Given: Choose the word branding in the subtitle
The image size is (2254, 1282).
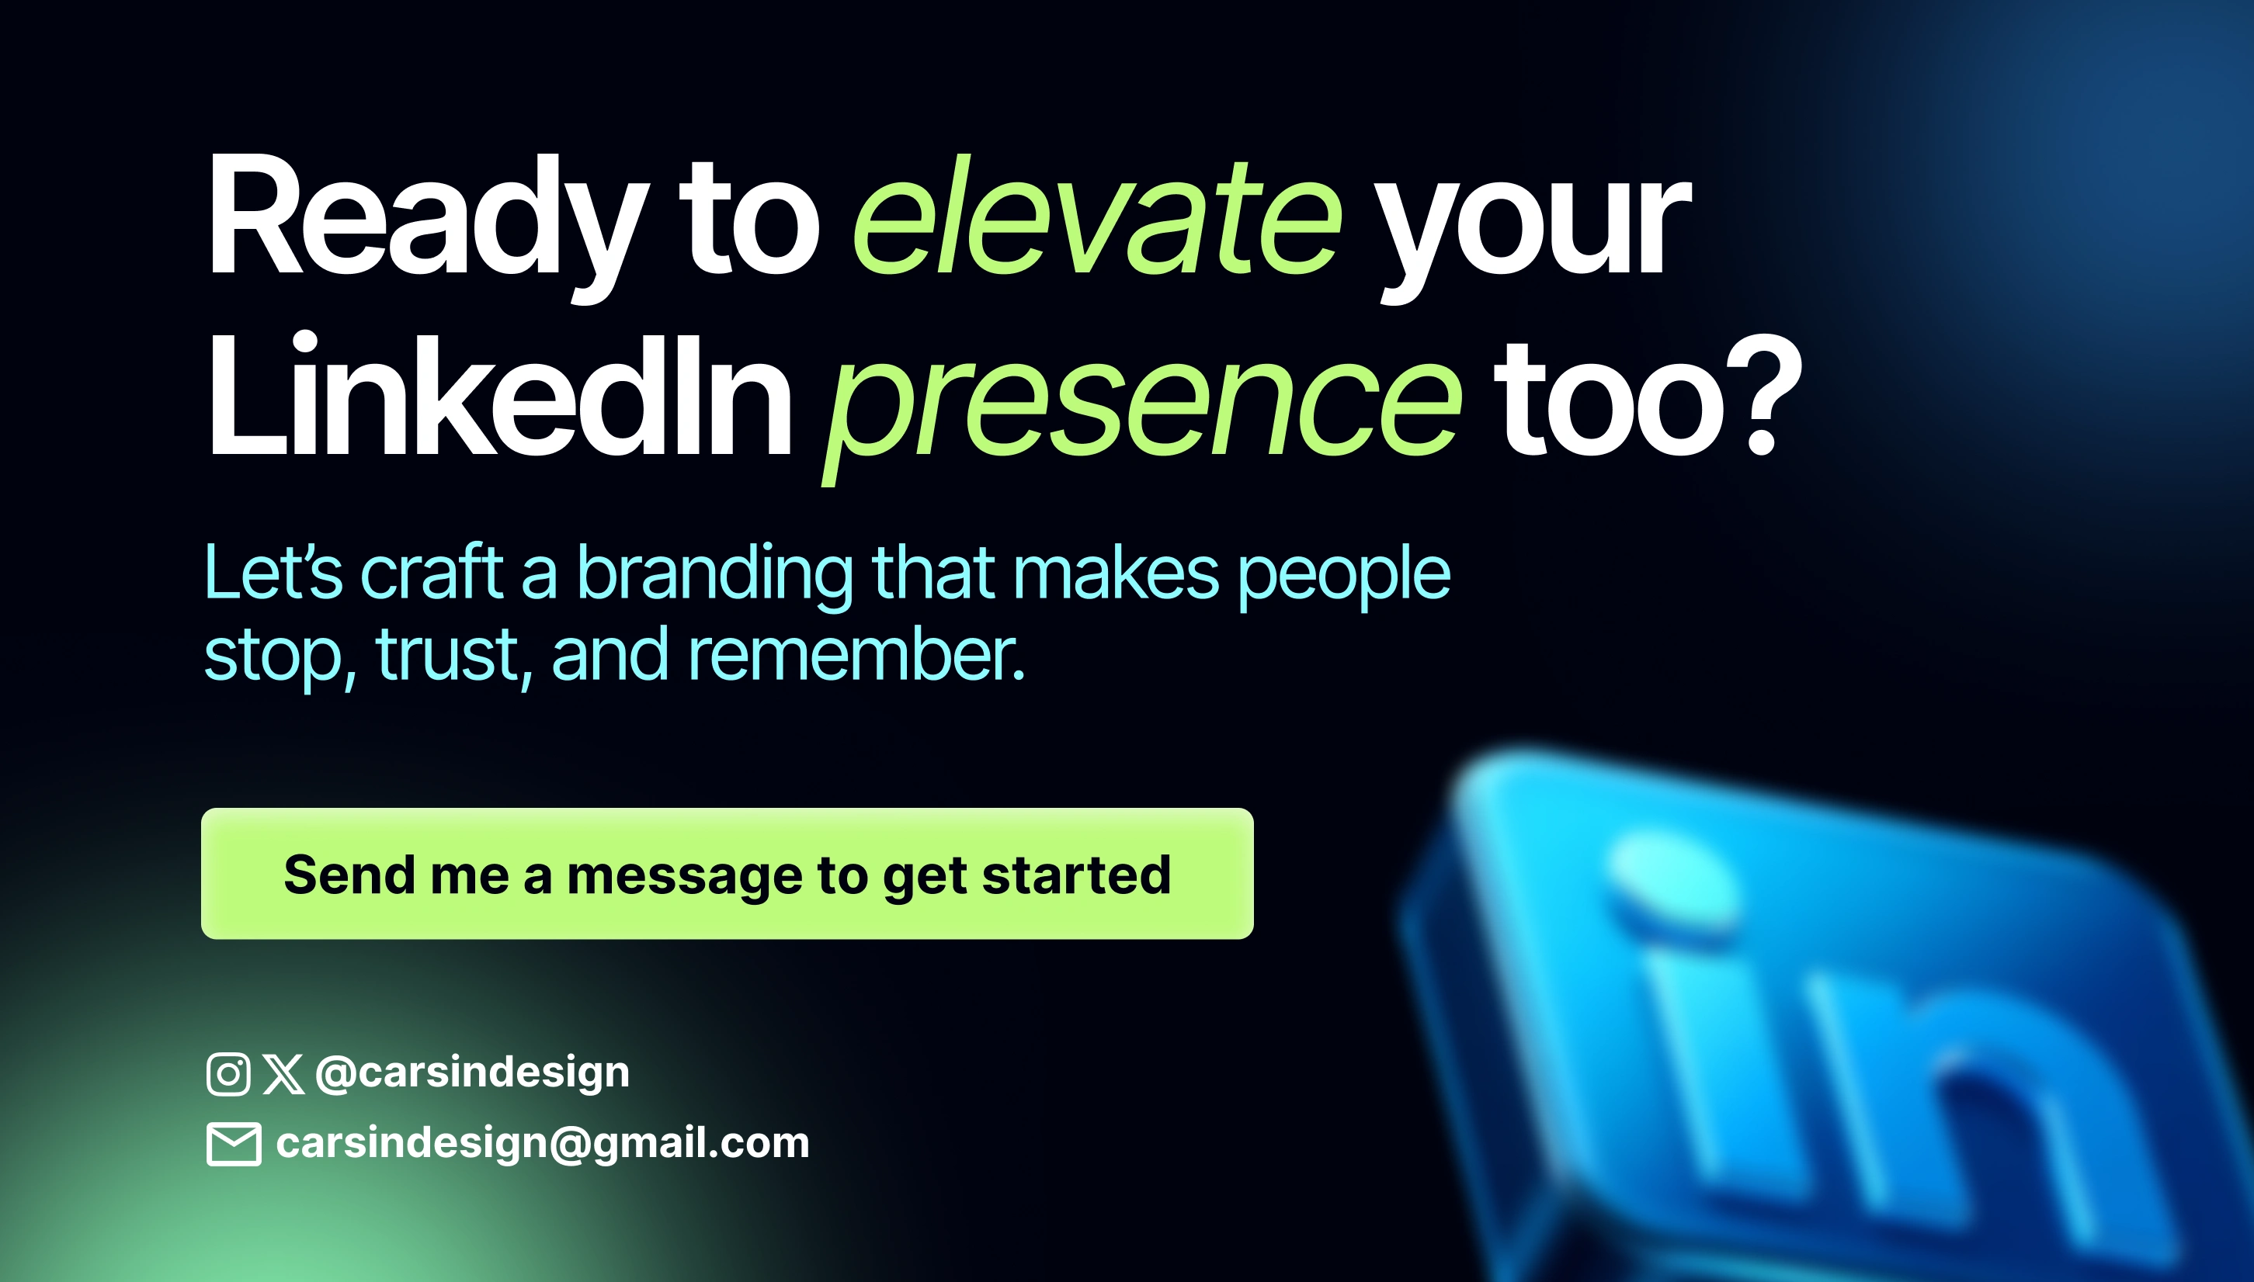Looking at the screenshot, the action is click(714, 576).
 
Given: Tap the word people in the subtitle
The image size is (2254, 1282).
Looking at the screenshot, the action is click(1344, 577).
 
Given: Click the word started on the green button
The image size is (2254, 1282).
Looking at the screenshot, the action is click(1076, 875).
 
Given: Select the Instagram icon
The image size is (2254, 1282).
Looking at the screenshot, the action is click(228, 1073).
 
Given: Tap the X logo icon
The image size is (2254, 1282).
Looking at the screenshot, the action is click(283, 1074).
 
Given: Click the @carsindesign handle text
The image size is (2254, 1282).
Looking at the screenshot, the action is click(472, 1073).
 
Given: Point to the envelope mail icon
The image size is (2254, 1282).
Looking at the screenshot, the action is click(234, 1144).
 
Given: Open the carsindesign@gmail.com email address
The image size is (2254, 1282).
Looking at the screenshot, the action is click(543, 1144).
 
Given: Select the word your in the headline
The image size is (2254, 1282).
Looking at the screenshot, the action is click(1533, 234).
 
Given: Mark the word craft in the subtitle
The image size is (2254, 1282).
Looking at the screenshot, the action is click(432, 573).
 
